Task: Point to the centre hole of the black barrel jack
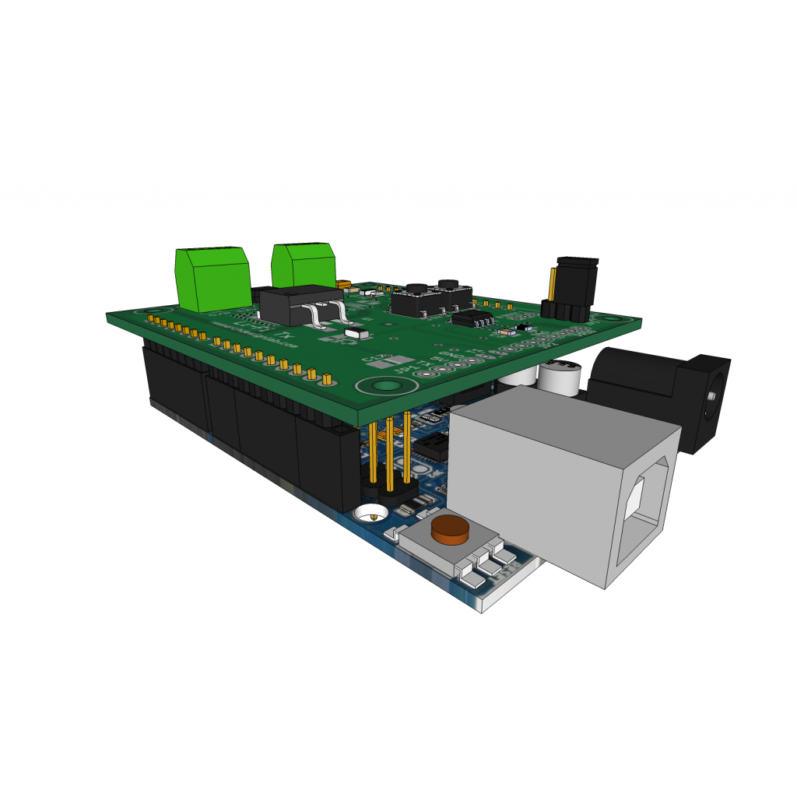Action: [x=711, y=396]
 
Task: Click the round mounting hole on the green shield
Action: [x=383, y=386]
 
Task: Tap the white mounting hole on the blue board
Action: [x=371, y=514]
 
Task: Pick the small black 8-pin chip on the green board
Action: [x=472, y=318]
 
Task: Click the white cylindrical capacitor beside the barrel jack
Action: [x=559, y=377]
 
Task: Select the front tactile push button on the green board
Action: [x=417, y=300]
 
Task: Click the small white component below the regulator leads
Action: [x=358, y=333]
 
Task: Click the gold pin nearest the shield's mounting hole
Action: [x=328, y=380]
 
